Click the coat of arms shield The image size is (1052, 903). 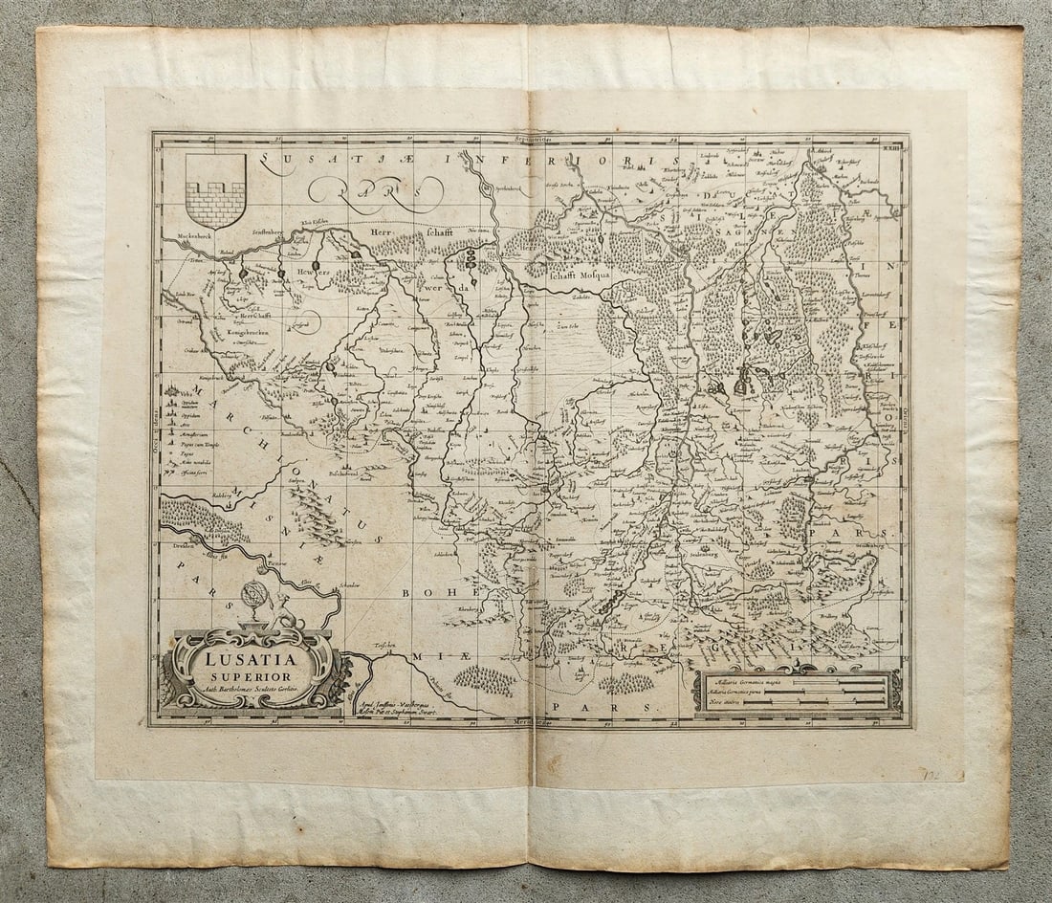click(x=214, y=189)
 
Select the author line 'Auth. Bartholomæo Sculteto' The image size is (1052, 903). click(x=252, y=689)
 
